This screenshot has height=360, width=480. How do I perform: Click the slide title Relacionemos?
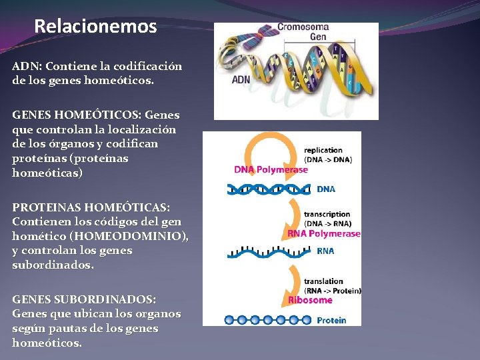tap(95, 27)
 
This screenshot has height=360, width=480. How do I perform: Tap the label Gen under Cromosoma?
tap(318, 37)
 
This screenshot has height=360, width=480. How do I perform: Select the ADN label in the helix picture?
tap(241, 79)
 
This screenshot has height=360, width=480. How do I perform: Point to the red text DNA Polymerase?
tap(271, 169)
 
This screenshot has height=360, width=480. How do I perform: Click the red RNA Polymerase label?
tap(324, 234)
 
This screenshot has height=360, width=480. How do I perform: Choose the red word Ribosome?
tap(310, 300)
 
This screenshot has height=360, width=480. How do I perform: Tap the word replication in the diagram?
tap(323, 150)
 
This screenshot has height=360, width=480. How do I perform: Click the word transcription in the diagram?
tap(327, 215)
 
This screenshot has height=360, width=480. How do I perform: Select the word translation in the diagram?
tap(323, 281)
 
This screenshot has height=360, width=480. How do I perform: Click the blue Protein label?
tap(331, 320)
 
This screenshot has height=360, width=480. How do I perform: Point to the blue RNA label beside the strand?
tap(325, 251)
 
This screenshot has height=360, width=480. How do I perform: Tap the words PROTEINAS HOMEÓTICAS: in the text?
tap(91, 207)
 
